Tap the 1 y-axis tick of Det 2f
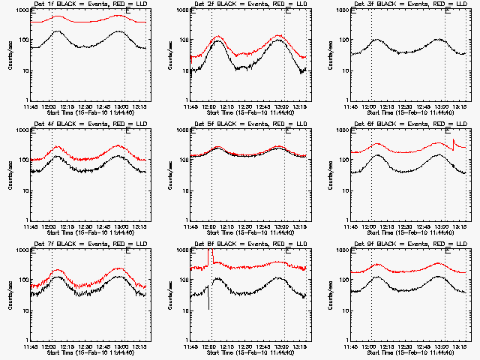tap(185, 101)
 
